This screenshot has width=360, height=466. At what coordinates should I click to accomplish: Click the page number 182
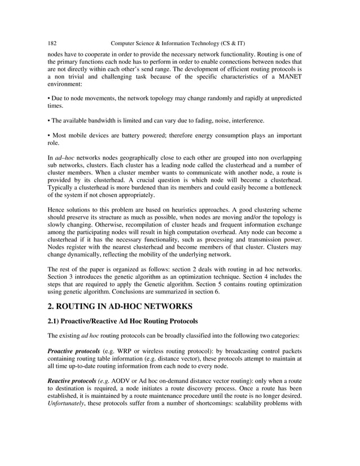[x=52, y=43]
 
